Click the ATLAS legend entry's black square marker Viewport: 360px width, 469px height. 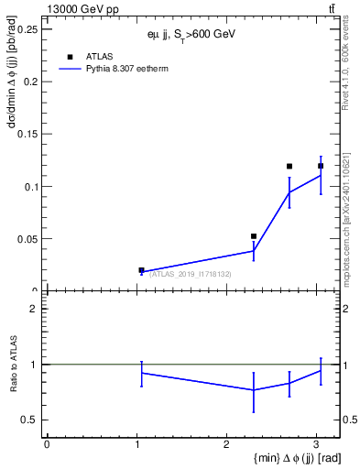pos(70,57)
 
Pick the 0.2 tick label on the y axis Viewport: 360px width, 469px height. pos(32,82)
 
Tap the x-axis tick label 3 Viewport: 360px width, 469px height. pos(316,444)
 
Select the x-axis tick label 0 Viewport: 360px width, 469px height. pos(47,444)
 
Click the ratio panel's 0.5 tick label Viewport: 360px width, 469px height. pos(32,420)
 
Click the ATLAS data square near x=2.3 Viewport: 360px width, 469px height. pos(254,236)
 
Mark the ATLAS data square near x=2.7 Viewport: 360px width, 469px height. pos(289,167)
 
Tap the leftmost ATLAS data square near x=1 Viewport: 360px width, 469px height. pos(141,270)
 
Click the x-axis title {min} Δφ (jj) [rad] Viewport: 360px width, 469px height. pos(280,459)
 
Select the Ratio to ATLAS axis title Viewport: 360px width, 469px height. pos(14,365)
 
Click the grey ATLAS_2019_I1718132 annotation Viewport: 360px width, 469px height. pos(190,274)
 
